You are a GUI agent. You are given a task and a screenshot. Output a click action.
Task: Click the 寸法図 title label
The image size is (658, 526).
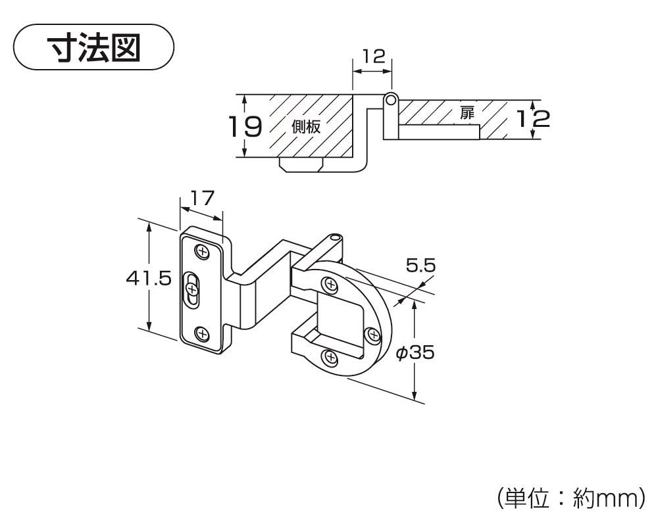click(x=94, y=47)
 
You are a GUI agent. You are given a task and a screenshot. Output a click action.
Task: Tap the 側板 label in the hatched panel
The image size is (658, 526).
click(x=306, y=127)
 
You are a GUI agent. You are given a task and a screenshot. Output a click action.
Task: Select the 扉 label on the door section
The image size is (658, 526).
click(x=467, y=112)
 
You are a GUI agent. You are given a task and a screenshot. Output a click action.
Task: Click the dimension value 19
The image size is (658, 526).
click(x=245, y=126)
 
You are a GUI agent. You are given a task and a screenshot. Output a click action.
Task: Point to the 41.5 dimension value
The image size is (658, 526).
click(x=149, y=278)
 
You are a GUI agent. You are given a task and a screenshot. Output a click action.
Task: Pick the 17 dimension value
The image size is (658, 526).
click(x=203, y=197)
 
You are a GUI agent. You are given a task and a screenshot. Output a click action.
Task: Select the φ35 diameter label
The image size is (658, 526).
click(x=415, y=353)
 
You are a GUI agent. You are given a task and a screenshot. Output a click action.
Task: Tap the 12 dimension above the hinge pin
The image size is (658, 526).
click(x=373, y=56)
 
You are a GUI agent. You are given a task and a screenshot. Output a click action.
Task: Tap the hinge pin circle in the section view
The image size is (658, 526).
click(x=391, y=99)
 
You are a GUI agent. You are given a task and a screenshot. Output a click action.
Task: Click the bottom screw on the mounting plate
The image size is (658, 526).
click(x=203, y=333)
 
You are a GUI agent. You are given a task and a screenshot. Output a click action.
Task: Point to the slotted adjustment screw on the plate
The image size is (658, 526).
click(x=192, y=289)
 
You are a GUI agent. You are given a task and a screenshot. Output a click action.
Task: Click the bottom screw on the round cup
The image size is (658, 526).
click(x=330, y=358)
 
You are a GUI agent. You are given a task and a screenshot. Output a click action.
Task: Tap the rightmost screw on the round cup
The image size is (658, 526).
click(x=374, y=336)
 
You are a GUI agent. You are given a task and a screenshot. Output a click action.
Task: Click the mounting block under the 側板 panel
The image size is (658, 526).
click(x=301, y=163)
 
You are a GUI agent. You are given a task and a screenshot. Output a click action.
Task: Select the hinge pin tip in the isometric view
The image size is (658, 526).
click(x=336, y=237)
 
